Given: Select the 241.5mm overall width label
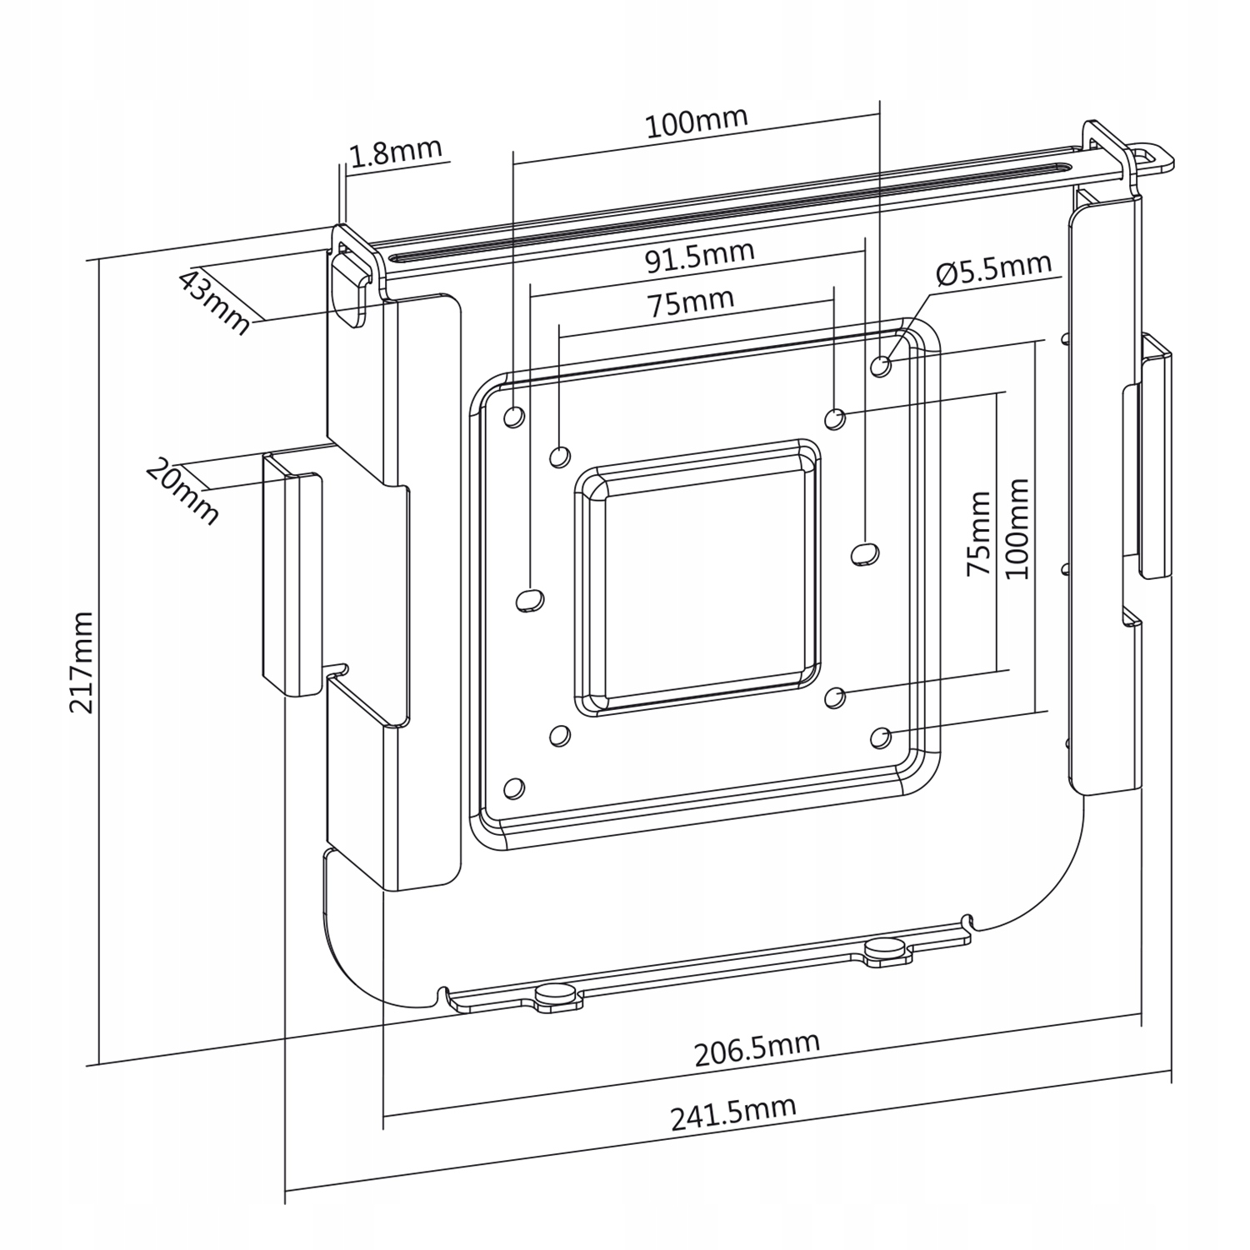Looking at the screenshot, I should tap(733, 1113).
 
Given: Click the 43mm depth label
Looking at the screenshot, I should tap(215, 302).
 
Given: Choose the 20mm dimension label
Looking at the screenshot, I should tap(182, 492).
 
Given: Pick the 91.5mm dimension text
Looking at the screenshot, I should tap(700, 257).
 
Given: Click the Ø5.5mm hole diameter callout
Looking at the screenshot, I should tap(993, 270).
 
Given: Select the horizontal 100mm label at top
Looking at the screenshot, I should tap(697, 122).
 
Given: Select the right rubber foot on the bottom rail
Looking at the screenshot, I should tap(885, 949).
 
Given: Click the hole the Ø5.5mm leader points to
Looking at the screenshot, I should tap(881, 365).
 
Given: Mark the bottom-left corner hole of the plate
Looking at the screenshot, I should tap(514, 787).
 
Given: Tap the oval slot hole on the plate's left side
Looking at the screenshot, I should tap(531, 598).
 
